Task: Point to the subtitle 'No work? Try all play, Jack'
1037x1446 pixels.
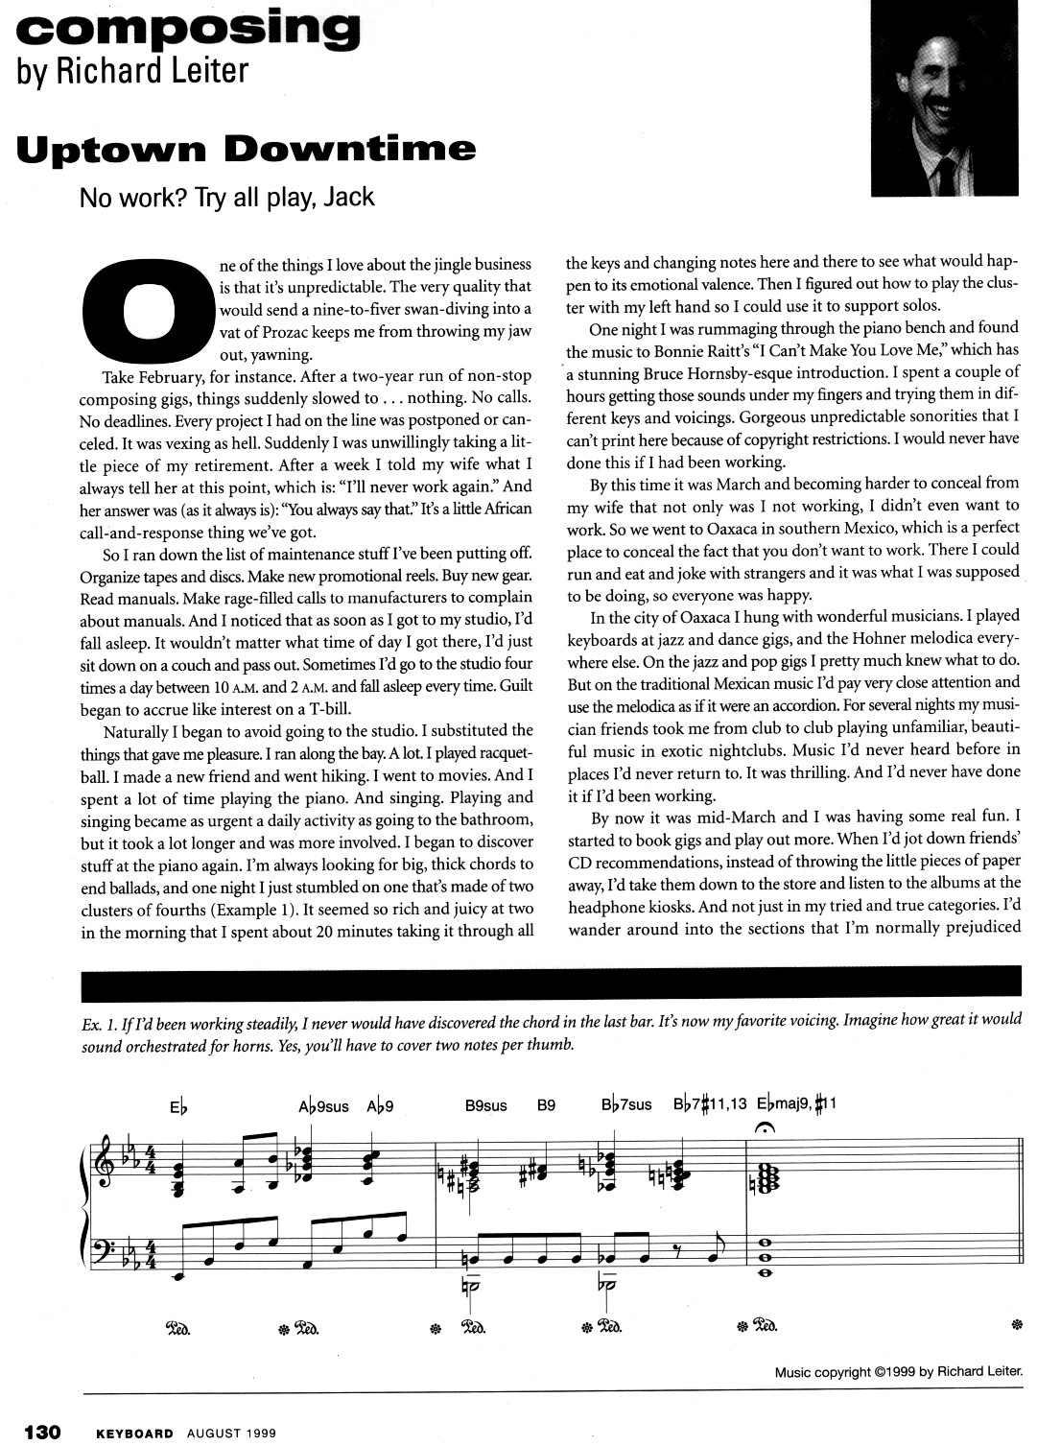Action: [x=226, y=198]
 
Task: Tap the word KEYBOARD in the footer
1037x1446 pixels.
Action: [x=135, y=1433]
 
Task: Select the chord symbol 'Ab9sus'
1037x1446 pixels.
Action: [x=323, y=1105]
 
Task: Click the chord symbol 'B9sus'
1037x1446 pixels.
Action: [x=485, y=1105]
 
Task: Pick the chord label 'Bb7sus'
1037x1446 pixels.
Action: [x=626, y=1105]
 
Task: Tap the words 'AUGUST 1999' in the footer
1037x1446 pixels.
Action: [x=232, y=1433]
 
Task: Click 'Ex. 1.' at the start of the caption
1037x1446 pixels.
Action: [x=99, y=1022]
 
